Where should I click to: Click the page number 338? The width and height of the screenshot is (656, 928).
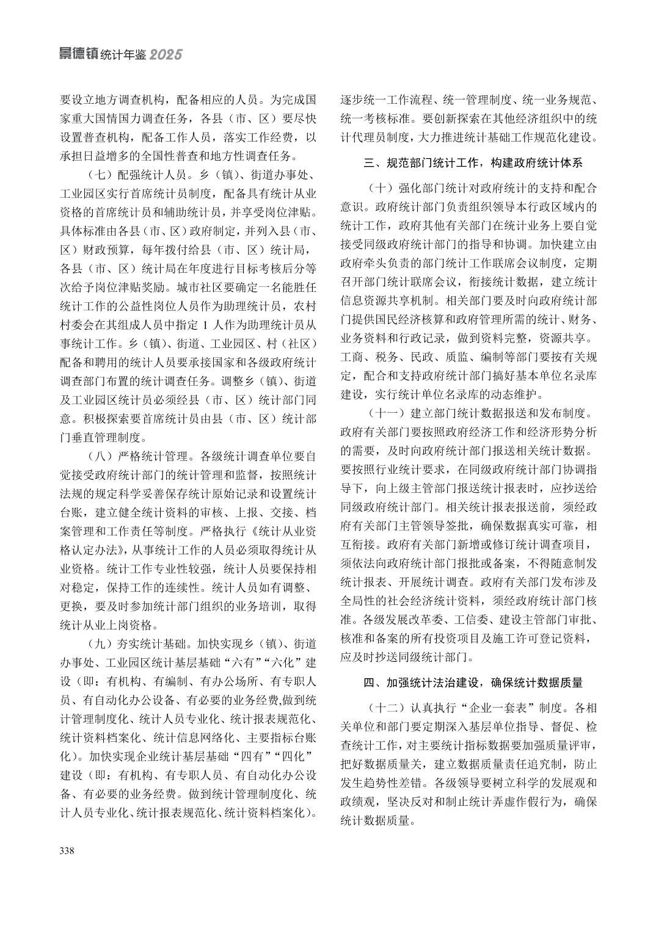(x=67, y=850)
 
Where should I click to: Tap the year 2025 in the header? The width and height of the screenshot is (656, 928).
(x=166, y=55)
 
